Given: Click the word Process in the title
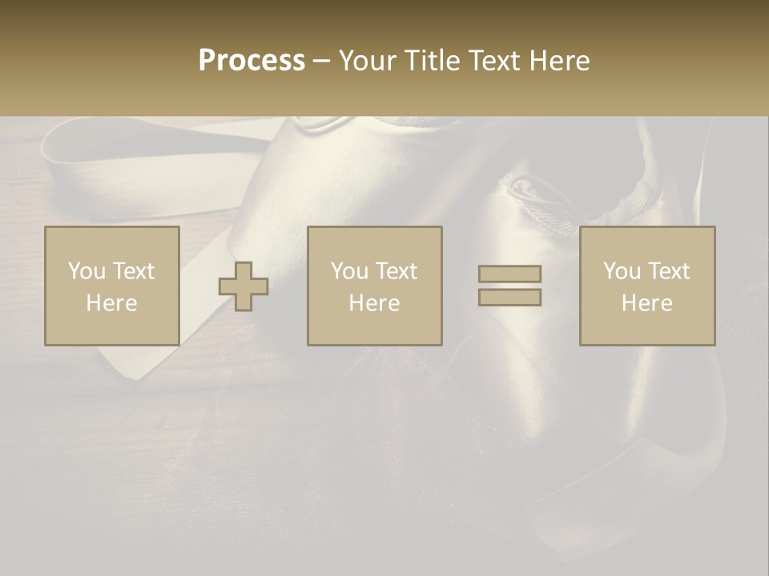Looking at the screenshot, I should tap(252, 60).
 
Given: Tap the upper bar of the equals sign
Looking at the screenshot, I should tap(509, 274).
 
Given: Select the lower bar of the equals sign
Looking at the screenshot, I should tap(509, 298).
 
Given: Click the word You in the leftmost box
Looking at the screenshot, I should tap(86, 271).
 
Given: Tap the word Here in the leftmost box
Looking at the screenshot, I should tap(111, 303).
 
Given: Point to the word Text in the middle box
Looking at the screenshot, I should tap(397, 271).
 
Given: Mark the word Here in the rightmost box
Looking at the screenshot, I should tap(646, 303).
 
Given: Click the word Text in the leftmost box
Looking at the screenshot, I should tap(133, 271).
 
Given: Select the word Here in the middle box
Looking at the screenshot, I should tap(374, 303).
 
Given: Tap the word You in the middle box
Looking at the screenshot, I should tap(348, 271).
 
